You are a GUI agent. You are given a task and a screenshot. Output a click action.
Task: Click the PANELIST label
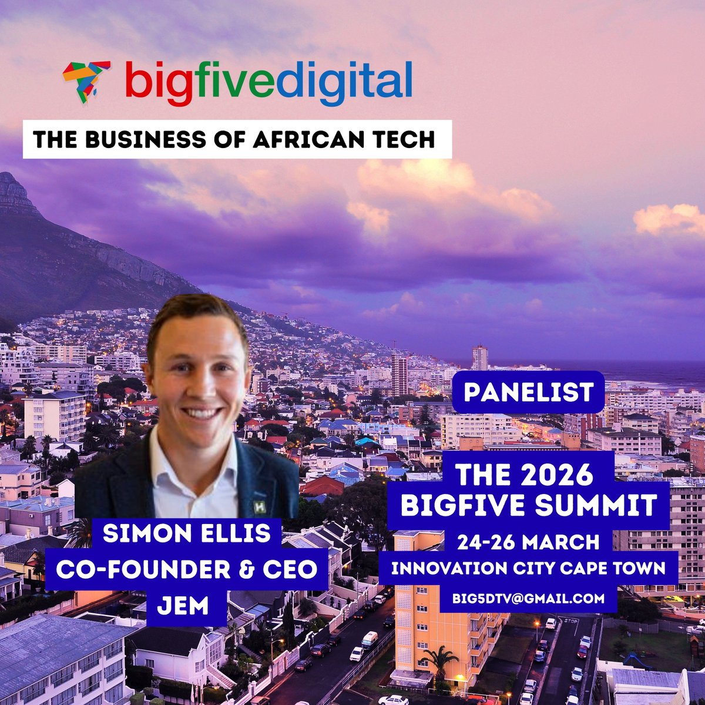coord(528,392)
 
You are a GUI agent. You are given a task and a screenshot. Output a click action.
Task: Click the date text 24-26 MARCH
coord(530,541)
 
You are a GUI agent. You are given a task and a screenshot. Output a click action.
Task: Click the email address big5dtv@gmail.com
coord(528,599)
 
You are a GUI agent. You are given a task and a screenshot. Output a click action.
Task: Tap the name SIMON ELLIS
coord(186,533)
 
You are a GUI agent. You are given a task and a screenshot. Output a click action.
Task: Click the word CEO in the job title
coord(294,569)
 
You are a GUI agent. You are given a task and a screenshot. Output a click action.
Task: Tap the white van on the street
coord(370,639)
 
